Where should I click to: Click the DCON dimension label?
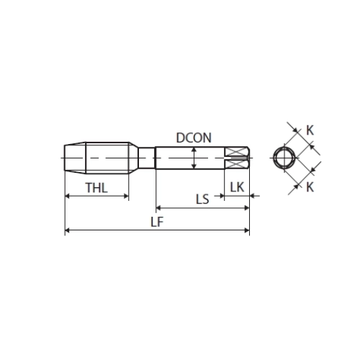click(x=194, y=138)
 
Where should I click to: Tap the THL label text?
click(x=96, y=188)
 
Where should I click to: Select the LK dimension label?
click(x=237, y=187)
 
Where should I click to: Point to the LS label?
click(x=202, y=199)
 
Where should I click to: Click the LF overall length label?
click(x=157, y=222)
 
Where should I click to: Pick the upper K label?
click(x=310, y=130)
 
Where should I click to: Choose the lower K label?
click(x=310, y=186)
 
